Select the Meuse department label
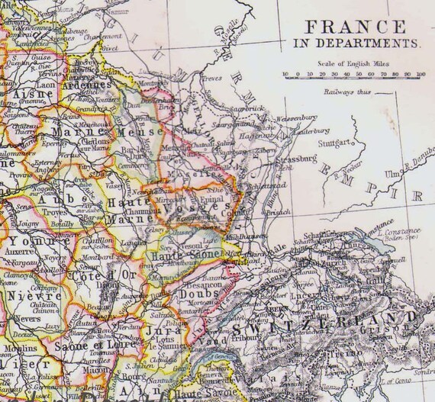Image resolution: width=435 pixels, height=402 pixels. click(140, 130)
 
